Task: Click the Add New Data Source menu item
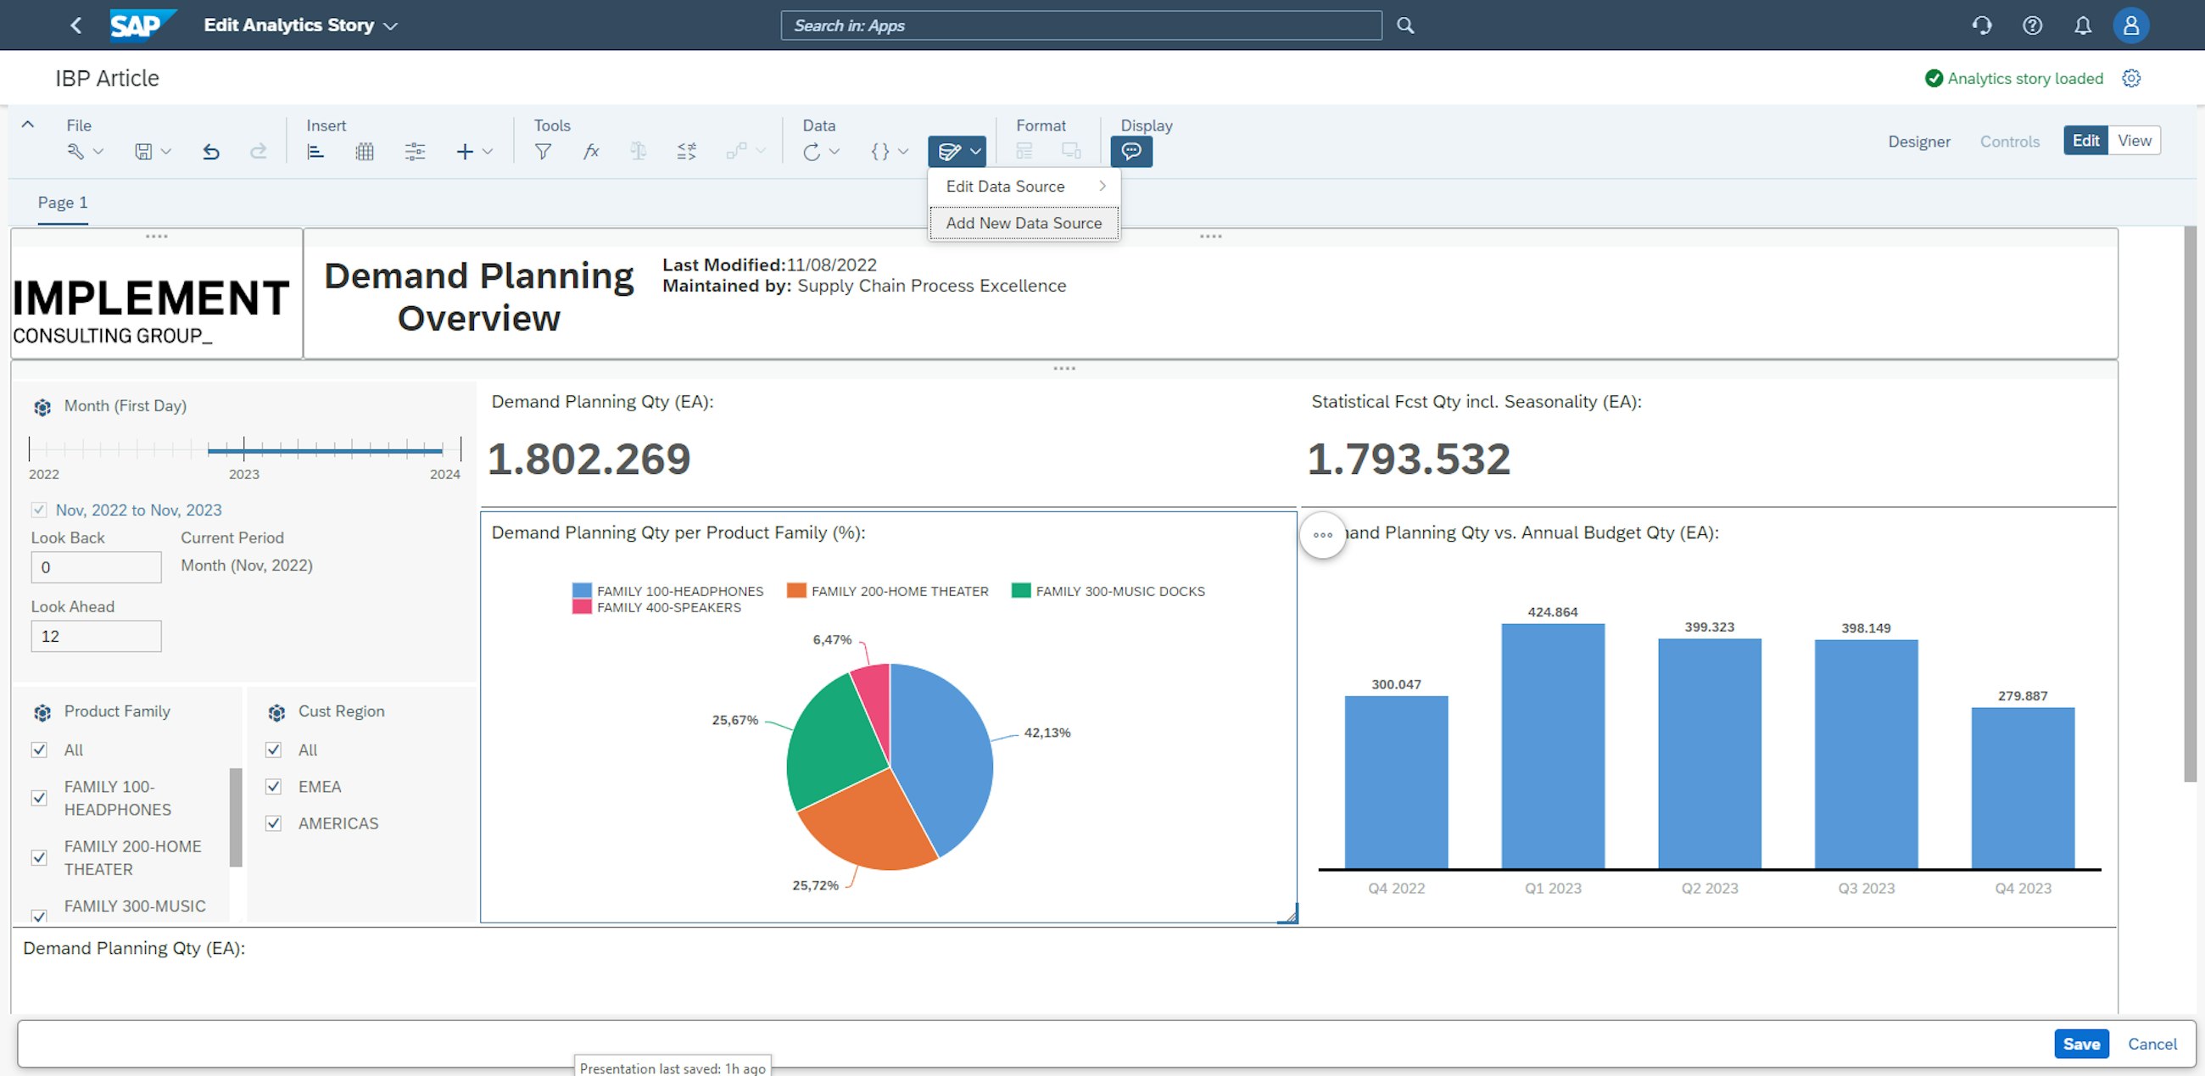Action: coord(1023,222)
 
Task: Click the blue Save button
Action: coord(2080,1044)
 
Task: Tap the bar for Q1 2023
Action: coord(1552,745)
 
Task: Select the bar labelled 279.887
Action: coord(2022,788)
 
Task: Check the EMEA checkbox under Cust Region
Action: coord(274,786)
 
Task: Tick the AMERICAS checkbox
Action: coord(274,822)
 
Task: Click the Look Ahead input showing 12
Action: coord(96,636)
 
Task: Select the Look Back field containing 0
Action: coord(96,566)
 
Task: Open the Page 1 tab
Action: coord(63,203)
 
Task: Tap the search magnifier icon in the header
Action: coord(1404,25)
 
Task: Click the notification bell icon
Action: coord(2082,25)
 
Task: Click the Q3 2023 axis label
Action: coord(1865,888)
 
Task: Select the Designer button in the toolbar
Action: coord(1918,142)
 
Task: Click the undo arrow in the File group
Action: coord(211,152)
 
